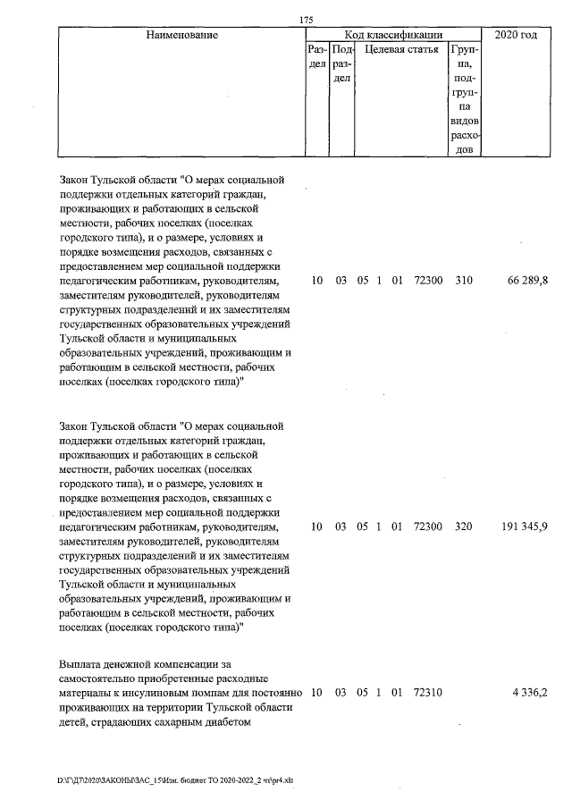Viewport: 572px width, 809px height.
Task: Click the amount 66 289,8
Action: tap(527, 281)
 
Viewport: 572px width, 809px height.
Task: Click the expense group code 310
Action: tap(463, 281)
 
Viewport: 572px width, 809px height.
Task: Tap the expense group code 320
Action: tap(463, 527)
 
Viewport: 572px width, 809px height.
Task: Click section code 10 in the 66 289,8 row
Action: tap(316, 281)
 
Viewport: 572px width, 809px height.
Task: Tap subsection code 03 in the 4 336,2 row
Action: tap(341, 693)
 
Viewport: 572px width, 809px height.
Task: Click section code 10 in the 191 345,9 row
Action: tap(316, 527)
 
